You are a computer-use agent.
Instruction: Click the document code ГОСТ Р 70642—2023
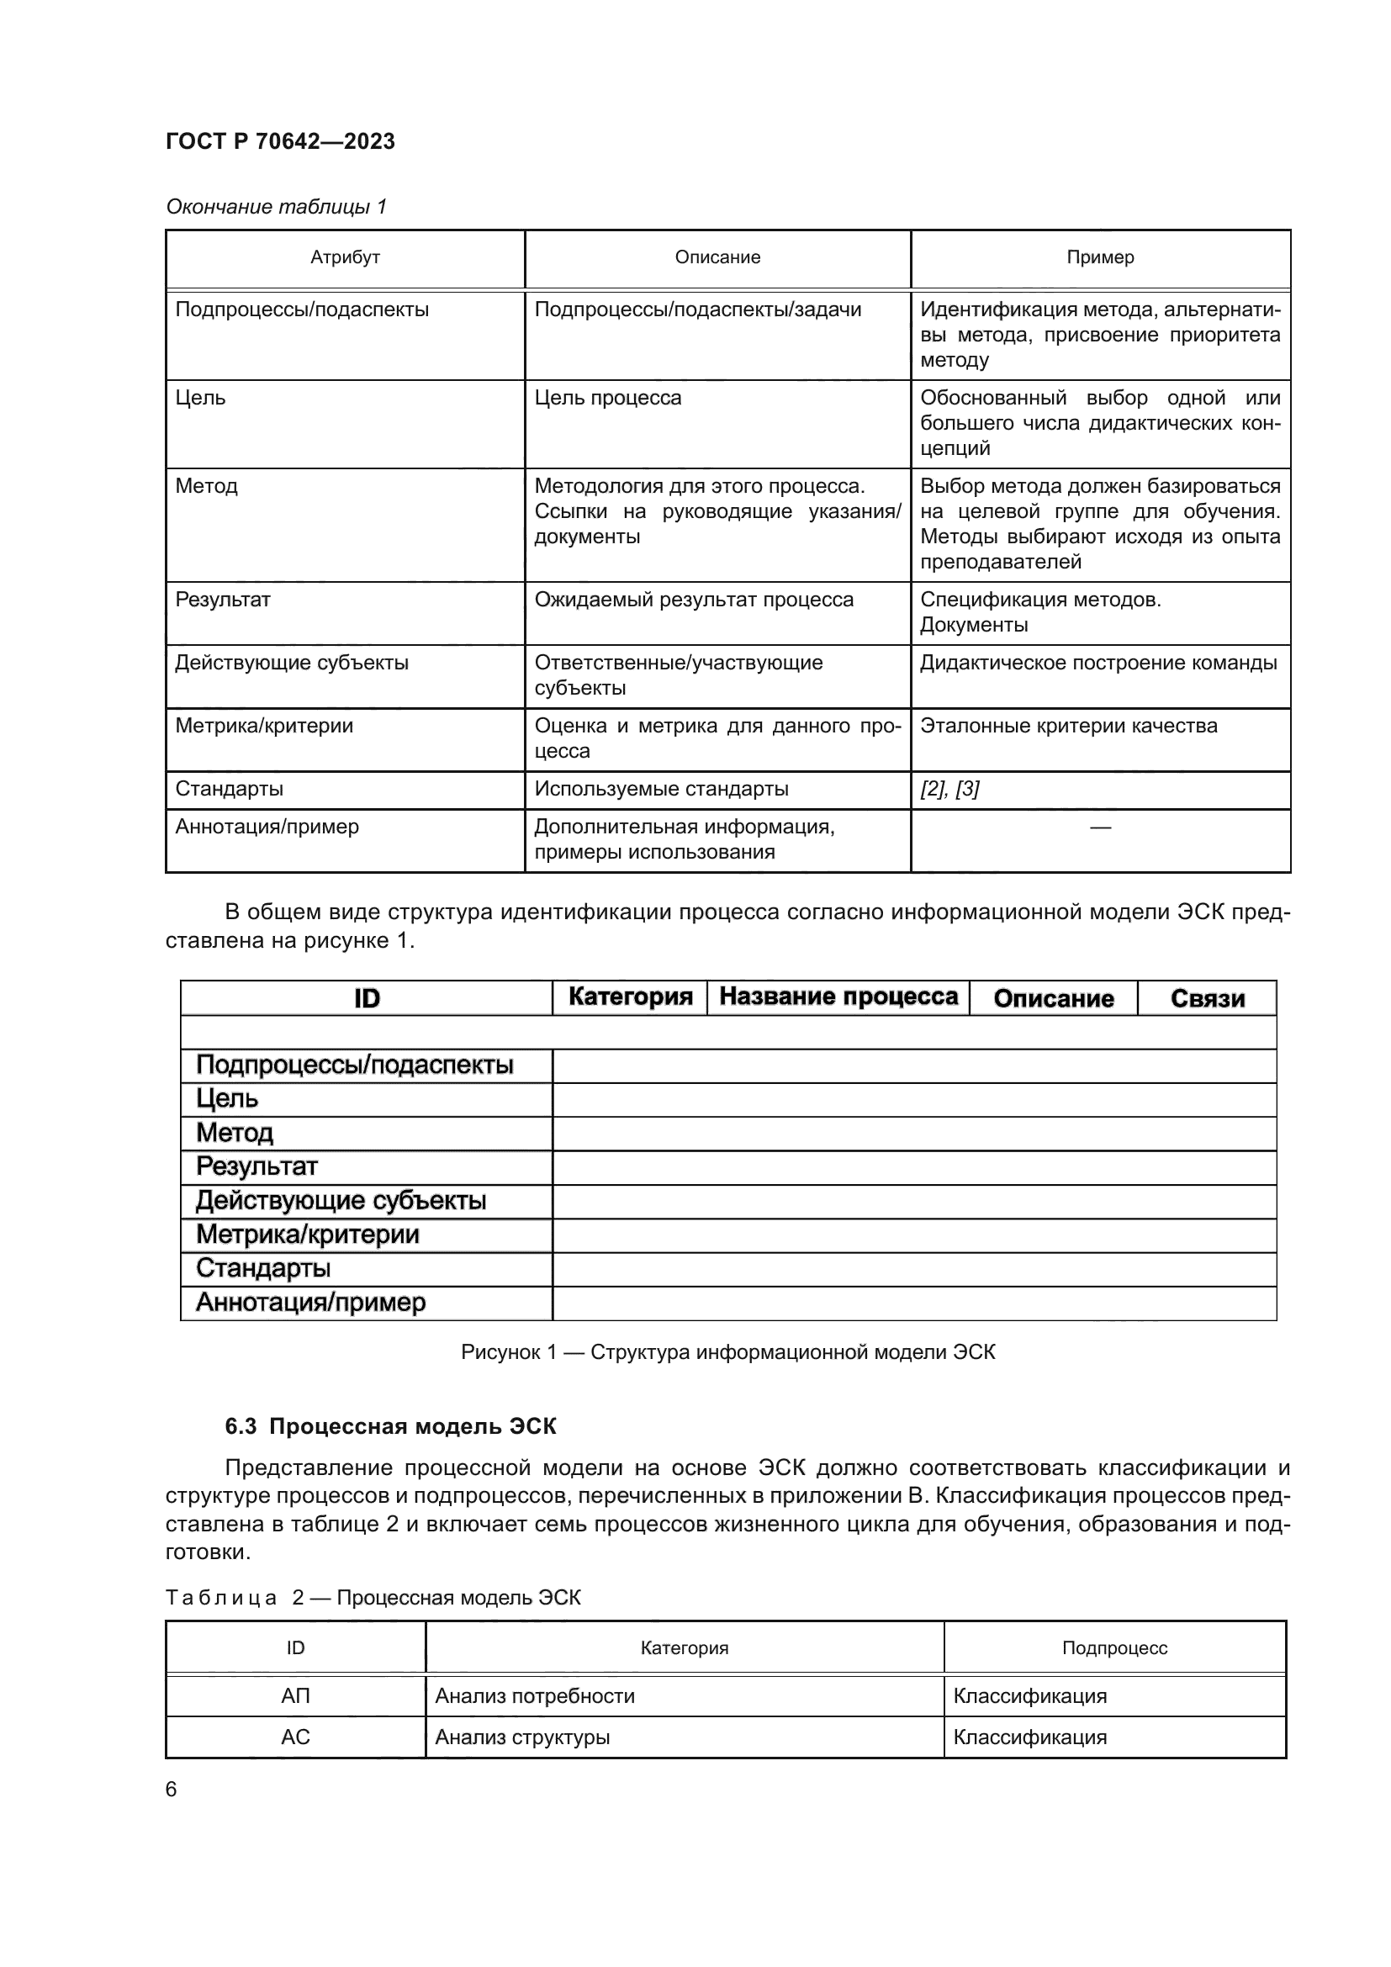pyautogui.click(x=280, y=141)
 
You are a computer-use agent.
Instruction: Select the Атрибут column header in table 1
pyautogui.click(x=344, y=257)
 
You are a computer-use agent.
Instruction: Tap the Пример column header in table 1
pyautogui.click(x=1100, y=257)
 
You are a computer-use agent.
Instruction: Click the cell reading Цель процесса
pyautogui.click(x=607, y=398)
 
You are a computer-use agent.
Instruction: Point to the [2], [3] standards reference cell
pyautogui.click(x=949, y=789)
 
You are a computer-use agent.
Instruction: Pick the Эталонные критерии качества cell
pyautogui.click(x=1068, y=726)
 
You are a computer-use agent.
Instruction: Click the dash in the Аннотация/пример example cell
pyautogui.click(x=1100, y=827)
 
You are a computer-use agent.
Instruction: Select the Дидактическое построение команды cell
pyautogui.click(x=1098, y=662)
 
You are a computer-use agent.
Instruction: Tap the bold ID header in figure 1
pyautogui.click(x=367, y=998)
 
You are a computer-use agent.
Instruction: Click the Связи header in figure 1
pyautogui.click(x=1207, y=998)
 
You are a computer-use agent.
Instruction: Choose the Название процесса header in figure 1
pyautogui.click(x=838, y=997)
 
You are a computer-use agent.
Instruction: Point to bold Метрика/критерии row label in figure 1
pyautogui.click(x=308, y=1235)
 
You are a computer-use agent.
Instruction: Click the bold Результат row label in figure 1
pyautogui.click(x=257, y=1166)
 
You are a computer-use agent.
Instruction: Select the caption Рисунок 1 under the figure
pyautogui.click(x=727, y=1352)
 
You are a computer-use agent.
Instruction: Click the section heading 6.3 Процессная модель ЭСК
pyautogui.click(x=390, y=1426)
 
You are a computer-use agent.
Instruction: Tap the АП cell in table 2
pyautogui.click(x=295, y=1696)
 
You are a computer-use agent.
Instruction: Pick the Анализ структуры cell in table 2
pyautogui.click(x=522, y=1737)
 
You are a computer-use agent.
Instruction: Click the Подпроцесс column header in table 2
pyautogui.click(x=1113, y=1648)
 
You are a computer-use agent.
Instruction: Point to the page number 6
pyautogui.click(x=172, y=1789)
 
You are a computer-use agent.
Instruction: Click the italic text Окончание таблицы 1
pyautogui.click(x=276, y=207)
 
